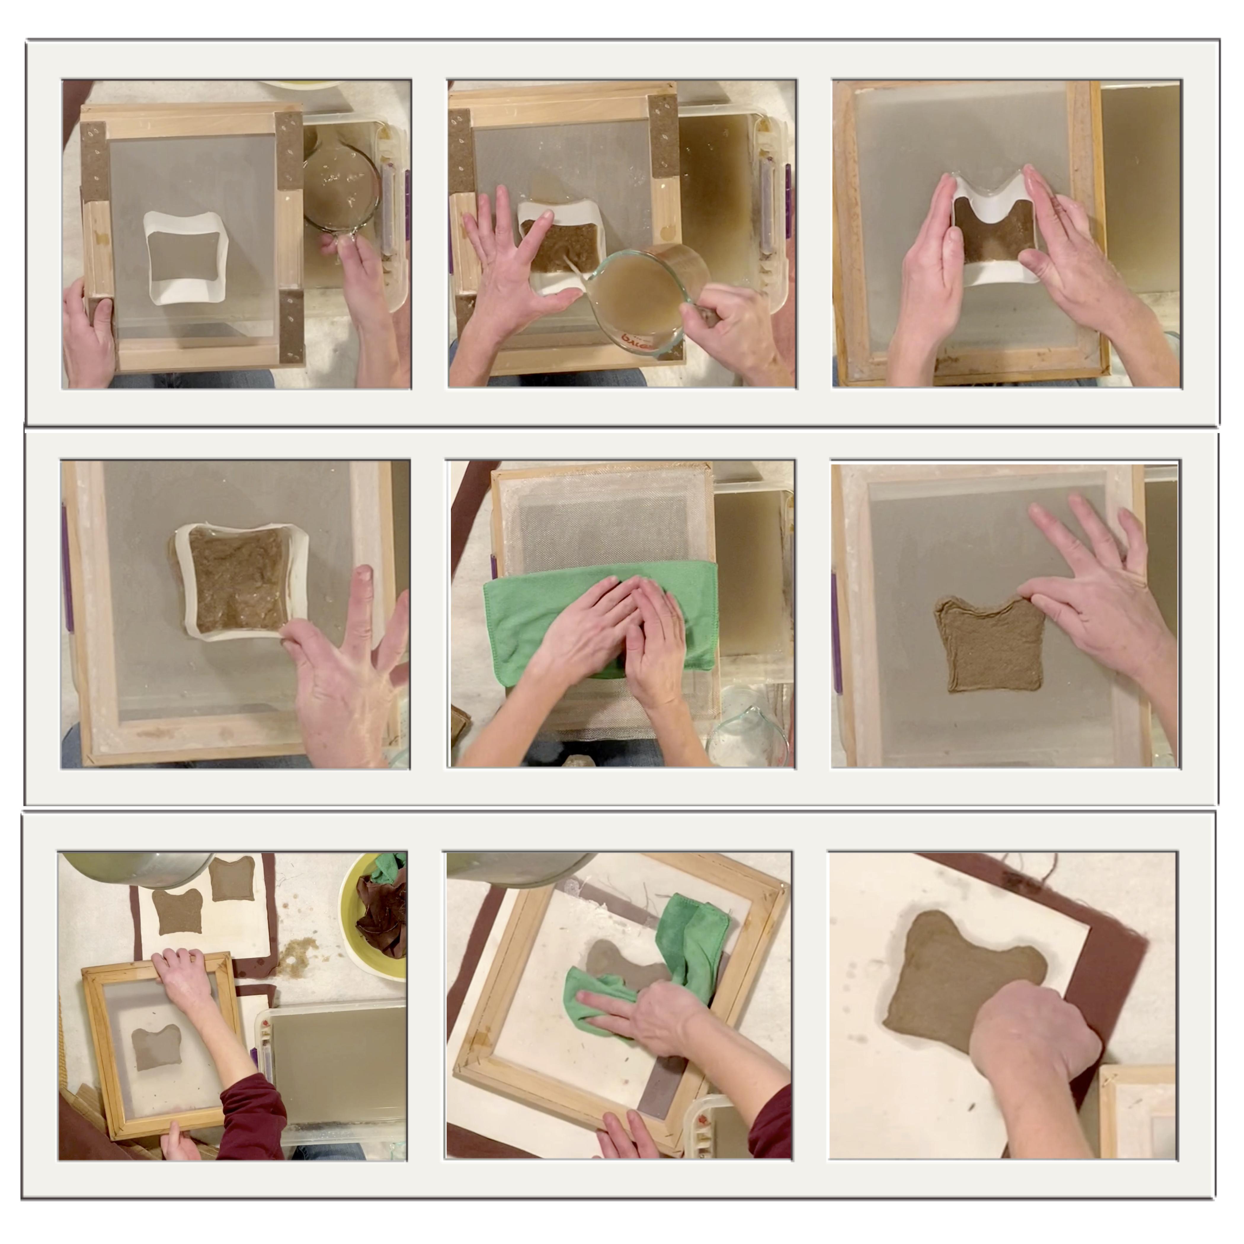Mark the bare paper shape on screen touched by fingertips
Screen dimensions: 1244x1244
[x=985, y=644]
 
